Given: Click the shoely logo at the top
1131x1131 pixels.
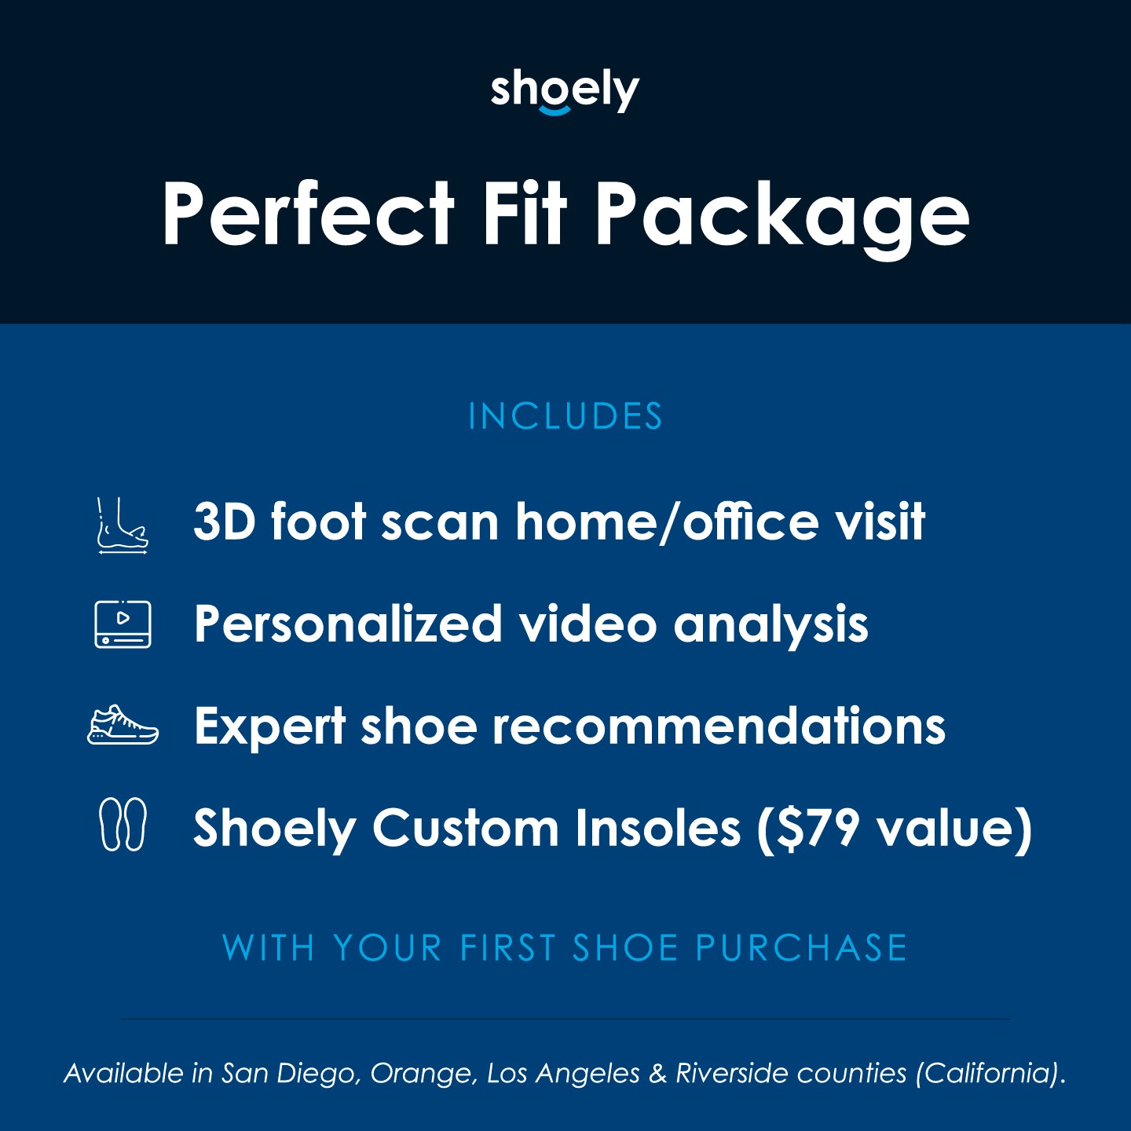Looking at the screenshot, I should coord(565,92).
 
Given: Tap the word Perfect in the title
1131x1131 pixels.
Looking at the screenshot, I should coord(308,214).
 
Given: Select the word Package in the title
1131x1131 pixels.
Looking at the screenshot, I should coord(781,216).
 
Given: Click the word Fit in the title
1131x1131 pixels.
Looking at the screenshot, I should coord(524,214).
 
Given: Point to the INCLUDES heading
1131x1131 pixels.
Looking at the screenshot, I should coord(565,416).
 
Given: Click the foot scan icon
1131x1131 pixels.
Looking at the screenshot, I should coord(123,526).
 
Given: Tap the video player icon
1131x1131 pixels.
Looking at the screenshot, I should coord(123,624).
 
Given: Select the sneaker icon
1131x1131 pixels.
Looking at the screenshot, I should coord(123,725).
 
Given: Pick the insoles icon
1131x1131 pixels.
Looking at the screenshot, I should coord(123,825).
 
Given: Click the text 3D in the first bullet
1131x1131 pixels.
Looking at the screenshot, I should coord(225,522).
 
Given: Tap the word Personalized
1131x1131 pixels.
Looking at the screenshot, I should coord(348,624).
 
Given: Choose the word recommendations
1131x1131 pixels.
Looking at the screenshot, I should coord(719,726).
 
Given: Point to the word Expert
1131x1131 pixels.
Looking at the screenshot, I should coord(269,727).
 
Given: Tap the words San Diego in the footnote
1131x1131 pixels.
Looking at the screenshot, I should coord(291,1073).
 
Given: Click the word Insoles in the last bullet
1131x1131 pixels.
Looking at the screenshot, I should coord(657,828).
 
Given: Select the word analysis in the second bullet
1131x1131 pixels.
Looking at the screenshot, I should coord(770,625).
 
